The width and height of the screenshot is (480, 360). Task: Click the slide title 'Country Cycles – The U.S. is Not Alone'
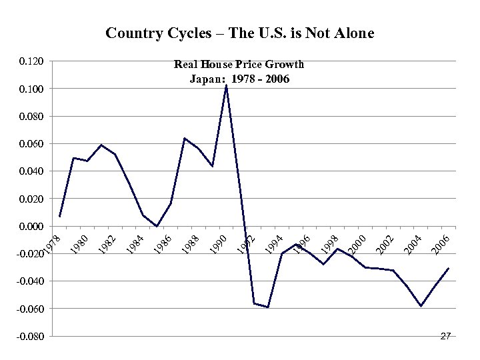[240, 33]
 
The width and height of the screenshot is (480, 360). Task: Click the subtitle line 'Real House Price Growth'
[239, 65]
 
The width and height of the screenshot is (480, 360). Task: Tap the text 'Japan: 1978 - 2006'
[239, 79]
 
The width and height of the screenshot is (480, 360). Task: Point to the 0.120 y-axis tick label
[32, 61]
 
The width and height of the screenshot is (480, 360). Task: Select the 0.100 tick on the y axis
[32, 89]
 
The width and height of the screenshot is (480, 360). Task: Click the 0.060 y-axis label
[32, 144]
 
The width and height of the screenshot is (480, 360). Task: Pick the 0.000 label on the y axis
[32, 227]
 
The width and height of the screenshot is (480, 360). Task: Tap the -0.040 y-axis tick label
[31, 281]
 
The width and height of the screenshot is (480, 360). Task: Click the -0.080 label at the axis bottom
[31, 337]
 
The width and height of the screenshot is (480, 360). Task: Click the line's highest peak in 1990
[227, 85]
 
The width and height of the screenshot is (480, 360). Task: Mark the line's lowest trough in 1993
[268, 307]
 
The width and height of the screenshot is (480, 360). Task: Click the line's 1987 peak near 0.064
[185, 138]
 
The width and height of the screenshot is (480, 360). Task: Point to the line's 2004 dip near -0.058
[421, 306]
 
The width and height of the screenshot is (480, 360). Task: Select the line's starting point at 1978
[59, 217]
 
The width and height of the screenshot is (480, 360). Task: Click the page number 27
[446, 337]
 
